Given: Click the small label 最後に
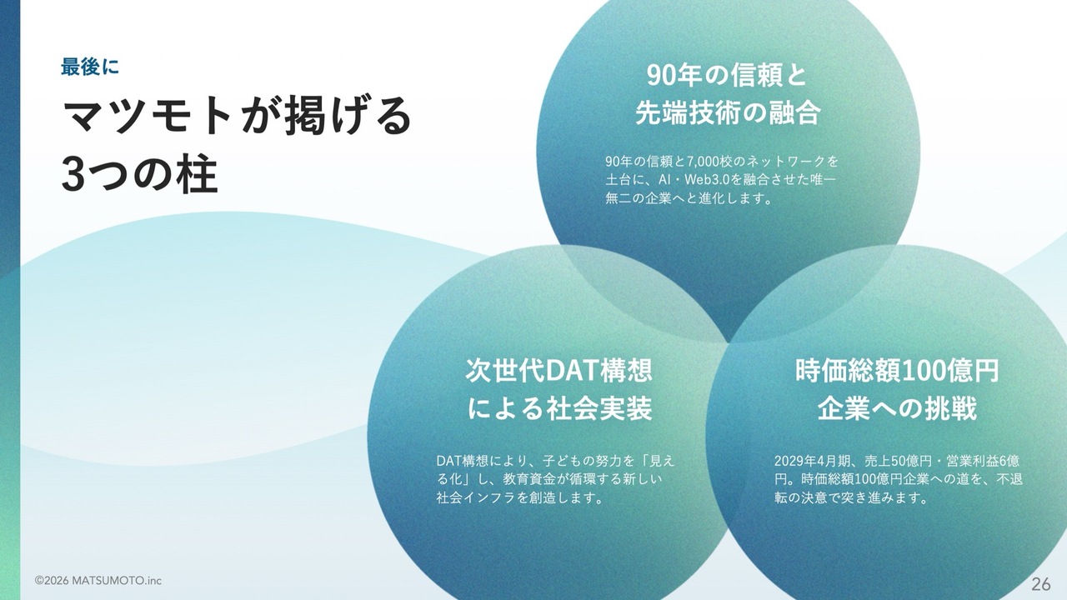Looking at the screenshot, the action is click(89, 67).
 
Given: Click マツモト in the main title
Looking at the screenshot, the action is click(148, 116).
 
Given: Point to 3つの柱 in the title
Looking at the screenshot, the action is click(140, 174).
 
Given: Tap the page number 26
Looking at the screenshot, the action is click(1041, 583).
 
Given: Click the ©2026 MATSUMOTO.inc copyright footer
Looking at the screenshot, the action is click(98, 581).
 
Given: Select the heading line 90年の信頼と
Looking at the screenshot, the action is click(727, 75).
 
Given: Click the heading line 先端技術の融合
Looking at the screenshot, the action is click(728, 112).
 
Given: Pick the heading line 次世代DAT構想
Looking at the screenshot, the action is click(559, 371).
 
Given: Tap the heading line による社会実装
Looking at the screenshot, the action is click(559, 408).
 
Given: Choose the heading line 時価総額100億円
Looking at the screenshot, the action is click(897, 371).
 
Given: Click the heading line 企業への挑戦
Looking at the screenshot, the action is click(898, 408).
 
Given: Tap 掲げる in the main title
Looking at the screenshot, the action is click(348, 116).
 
